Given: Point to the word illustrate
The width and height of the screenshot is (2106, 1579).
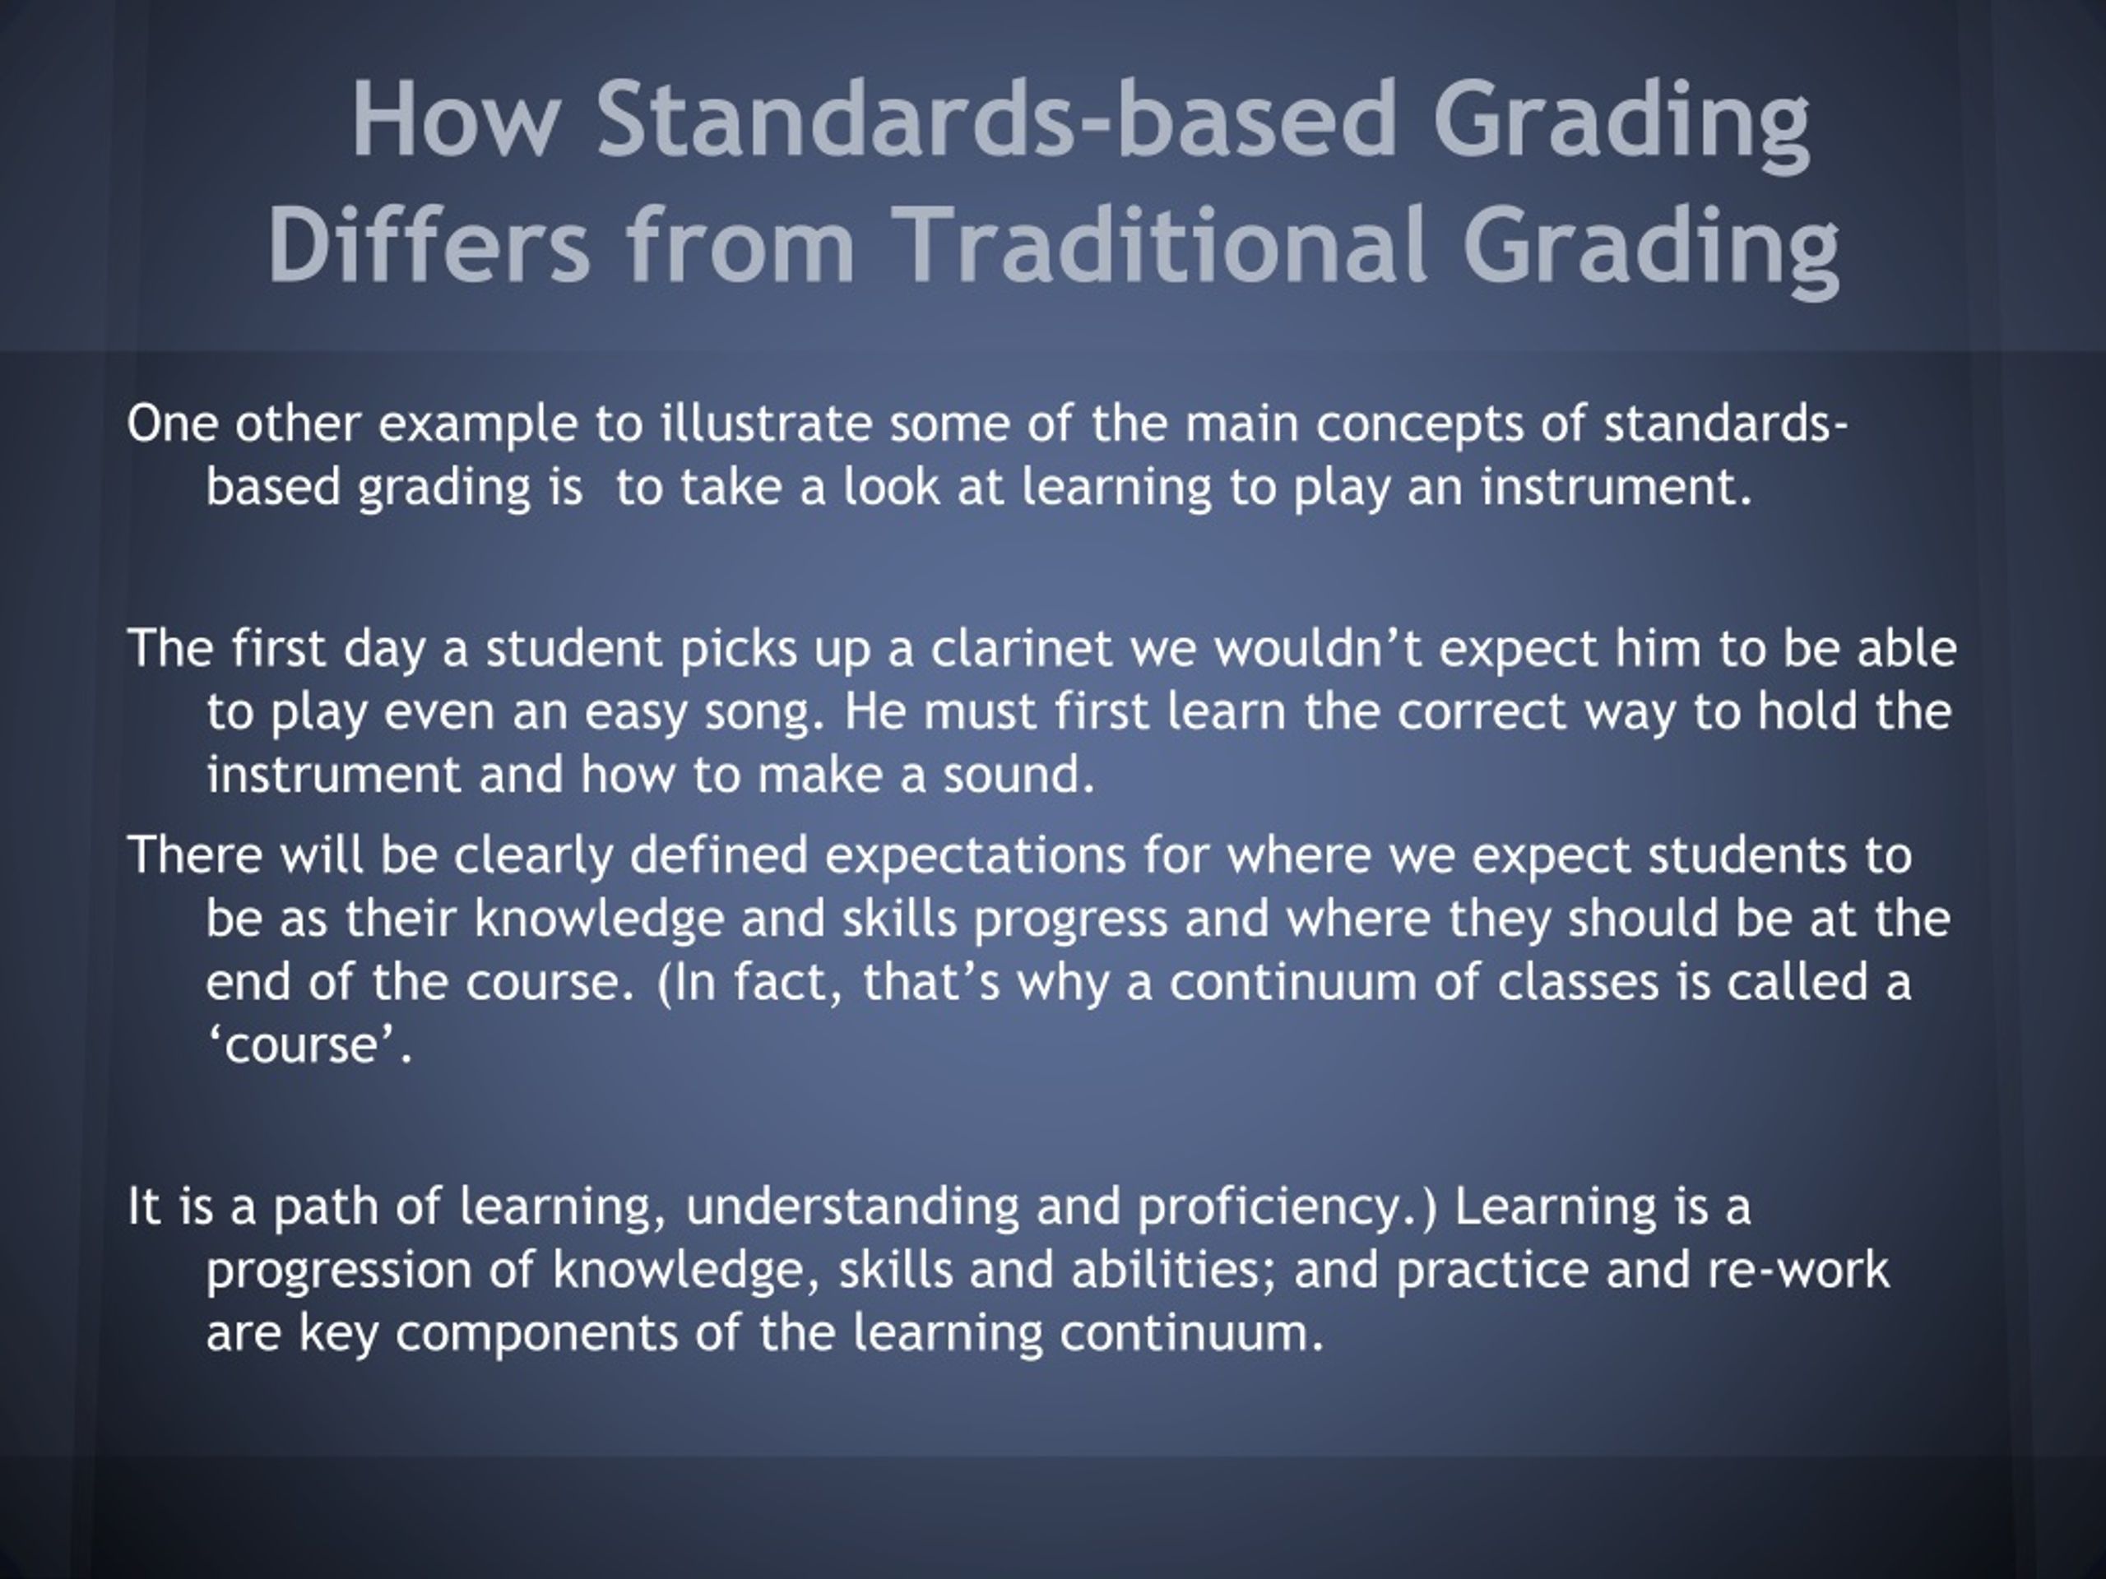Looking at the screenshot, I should (767, 424).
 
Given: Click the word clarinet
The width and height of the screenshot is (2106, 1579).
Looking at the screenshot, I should (1021, 649).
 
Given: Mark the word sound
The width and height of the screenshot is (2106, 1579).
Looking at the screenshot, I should (1018, 775).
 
